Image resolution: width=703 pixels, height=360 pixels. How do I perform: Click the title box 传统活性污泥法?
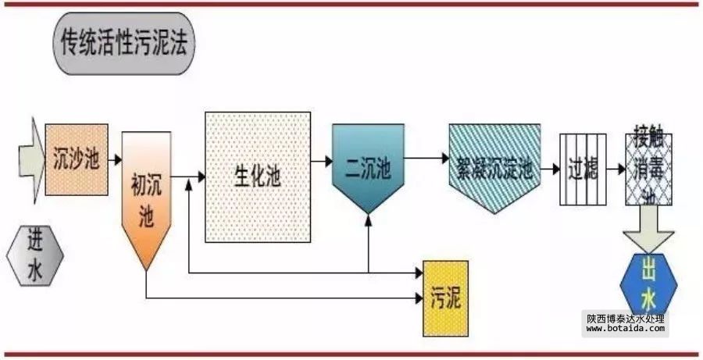[123, 44]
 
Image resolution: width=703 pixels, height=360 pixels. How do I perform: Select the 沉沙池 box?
[77, 159]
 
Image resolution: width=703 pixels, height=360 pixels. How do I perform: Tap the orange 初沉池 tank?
[146, 195]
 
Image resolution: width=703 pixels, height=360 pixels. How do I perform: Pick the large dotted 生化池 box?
[256, 176]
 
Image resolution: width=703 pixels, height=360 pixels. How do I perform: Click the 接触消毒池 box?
[649, 169]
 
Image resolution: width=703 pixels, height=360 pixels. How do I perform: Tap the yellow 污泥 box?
[445, 298]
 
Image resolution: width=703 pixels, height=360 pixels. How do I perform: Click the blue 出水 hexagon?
[648, 285]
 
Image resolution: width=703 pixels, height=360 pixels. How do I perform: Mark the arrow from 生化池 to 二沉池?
[320, 162]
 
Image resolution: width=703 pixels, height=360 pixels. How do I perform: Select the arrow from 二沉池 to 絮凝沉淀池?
[426, 159]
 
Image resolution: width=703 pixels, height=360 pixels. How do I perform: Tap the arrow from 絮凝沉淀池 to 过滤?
[550, 168]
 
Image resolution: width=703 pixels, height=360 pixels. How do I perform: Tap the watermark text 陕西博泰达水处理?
[625, 318]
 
